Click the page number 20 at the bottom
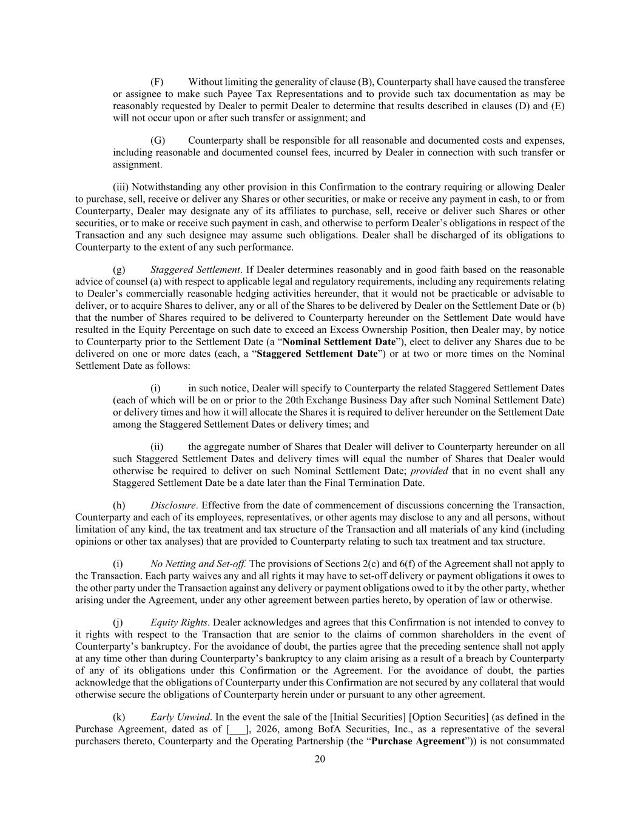tap(320, 759)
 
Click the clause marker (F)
tap(157, 82)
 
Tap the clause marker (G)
tap(157, 141)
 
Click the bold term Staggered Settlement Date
tap(317, 354)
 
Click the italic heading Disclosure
tap(173, 505)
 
